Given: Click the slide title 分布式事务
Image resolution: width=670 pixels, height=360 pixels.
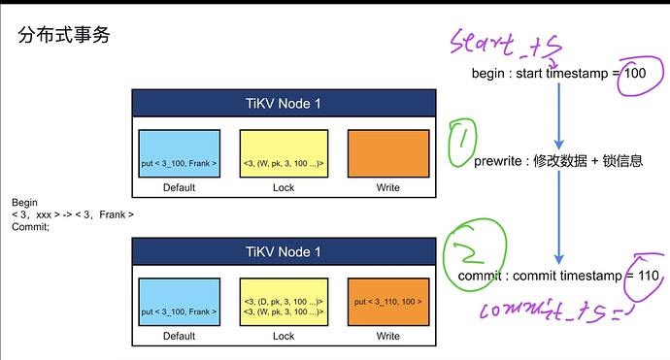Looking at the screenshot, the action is [64, 35].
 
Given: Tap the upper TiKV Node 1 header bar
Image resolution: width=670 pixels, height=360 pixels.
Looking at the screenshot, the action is [284, 104].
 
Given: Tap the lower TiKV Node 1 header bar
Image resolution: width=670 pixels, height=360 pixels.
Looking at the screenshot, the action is [284, 251].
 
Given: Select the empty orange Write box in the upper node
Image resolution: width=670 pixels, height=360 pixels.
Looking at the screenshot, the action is [388, 153].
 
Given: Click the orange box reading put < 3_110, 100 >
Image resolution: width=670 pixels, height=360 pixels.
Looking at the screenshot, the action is [388, 302].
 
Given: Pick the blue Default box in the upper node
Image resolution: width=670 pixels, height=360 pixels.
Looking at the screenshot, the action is [180, 153].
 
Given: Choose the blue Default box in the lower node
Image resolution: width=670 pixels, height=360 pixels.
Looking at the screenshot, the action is [180, 302].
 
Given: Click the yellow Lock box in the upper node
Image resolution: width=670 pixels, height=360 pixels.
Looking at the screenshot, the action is [284, 153].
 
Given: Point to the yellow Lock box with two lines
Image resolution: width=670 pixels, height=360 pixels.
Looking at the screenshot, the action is [284, 302].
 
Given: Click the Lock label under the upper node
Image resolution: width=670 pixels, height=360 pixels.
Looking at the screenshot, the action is [284, 187].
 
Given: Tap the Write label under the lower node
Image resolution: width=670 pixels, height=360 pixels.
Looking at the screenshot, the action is [388, 336].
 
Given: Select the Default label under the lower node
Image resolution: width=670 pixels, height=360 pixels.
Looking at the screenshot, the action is [179, 336].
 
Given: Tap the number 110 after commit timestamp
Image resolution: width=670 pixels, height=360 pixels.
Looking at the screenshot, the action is [649, 276].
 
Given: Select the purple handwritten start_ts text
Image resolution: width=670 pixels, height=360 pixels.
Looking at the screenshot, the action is [506, 44].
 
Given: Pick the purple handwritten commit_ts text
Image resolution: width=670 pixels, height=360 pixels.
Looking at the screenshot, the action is [555, 311].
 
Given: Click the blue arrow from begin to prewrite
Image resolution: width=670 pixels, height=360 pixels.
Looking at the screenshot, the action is [559, 115].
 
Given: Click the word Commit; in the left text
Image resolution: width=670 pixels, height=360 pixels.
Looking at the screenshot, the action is [30, 227].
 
